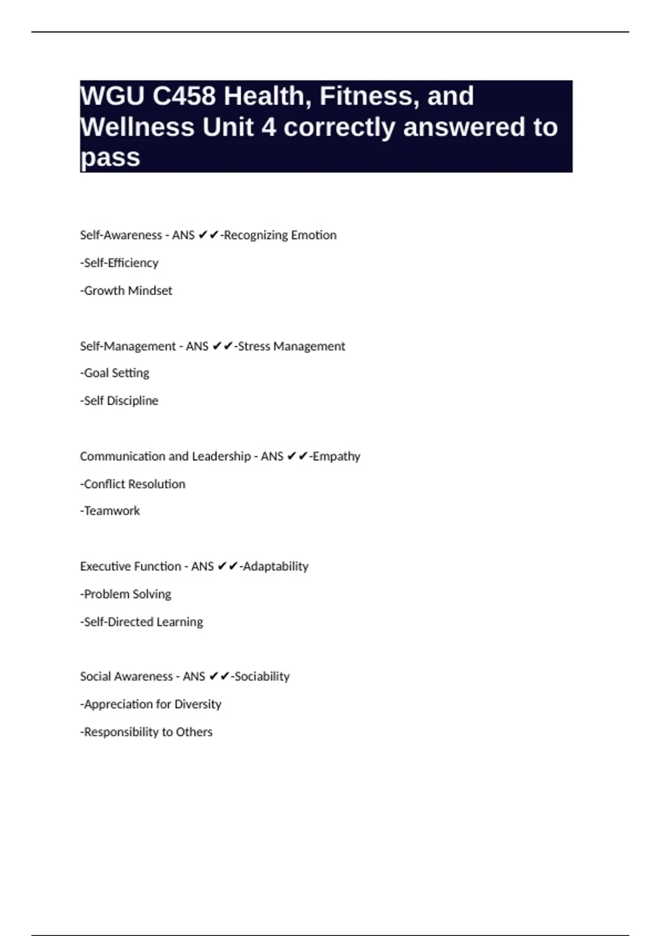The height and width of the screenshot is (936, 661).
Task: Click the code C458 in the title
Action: click(184, 96)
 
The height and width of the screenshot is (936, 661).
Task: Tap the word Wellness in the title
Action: click(137, 127)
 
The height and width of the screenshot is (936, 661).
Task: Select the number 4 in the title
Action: click(268, 127)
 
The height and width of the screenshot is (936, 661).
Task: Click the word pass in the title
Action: click(110, 158)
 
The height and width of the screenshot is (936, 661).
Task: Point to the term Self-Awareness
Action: click(121, 235)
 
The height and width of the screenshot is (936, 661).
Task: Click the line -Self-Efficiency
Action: click(119, 263)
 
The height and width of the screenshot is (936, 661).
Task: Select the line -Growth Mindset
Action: click(126, 291)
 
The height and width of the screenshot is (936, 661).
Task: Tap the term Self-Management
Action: click(128, 346)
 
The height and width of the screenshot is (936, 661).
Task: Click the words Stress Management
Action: click(291, 346)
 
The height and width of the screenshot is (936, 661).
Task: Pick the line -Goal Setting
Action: click(115, 373)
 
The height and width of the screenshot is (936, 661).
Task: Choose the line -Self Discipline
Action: click(119, 401)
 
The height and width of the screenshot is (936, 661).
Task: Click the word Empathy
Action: click(337, 456)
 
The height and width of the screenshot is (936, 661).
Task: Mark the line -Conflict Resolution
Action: click(133, 484)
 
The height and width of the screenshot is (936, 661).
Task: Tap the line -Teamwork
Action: click(110, 511)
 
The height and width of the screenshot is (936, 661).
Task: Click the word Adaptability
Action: click(275, 567)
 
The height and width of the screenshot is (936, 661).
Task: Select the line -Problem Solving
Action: click(126, 594)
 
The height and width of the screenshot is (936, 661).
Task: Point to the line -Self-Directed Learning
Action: click(142, 622)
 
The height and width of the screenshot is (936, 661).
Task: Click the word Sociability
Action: click(262, 677)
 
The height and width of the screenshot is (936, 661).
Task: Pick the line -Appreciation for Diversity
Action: click(150, 704)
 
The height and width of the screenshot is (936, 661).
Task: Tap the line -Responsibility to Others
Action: click(146, 732)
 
